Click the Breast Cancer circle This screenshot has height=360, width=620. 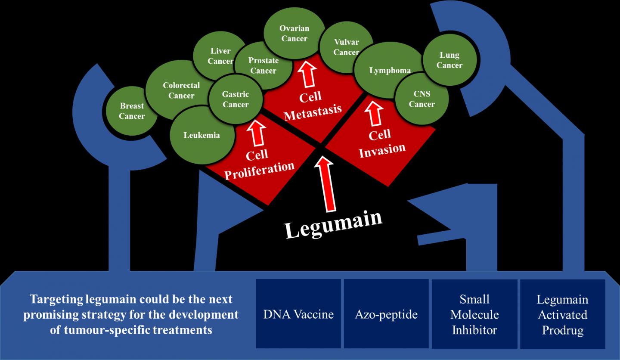pyautogui.click(x=132, y=111)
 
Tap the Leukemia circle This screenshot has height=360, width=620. pyautogui.click(x=201, y=136)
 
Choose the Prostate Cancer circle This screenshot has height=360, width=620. pyautogui.click(x=263, y=65)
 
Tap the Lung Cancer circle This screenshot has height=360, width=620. pyautogui.click(x=449, y=60)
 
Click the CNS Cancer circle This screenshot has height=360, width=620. pyautogui.click(x=422, y=99)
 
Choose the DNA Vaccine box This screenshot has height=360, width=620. pyautogui.click(x=298, y=314)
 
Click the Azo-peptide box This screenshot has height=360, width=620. pyautogui.click(x=386, y=314)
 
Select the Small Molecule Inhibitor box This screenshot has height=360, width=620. pyautogui.click(x=474, y=314)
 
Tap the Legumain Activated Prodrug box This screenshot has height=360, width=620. pyautogui.click(x=562, y=314)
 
